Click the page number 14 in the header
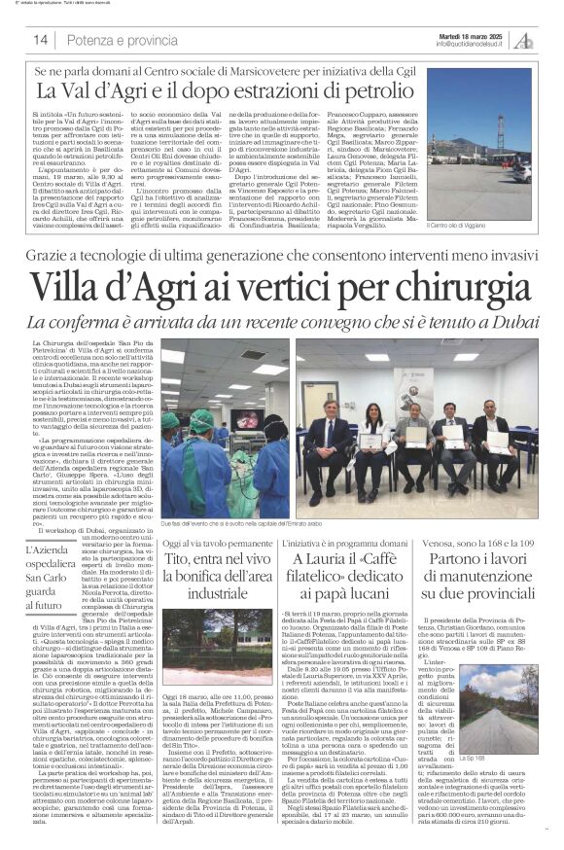click(40, 40)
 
